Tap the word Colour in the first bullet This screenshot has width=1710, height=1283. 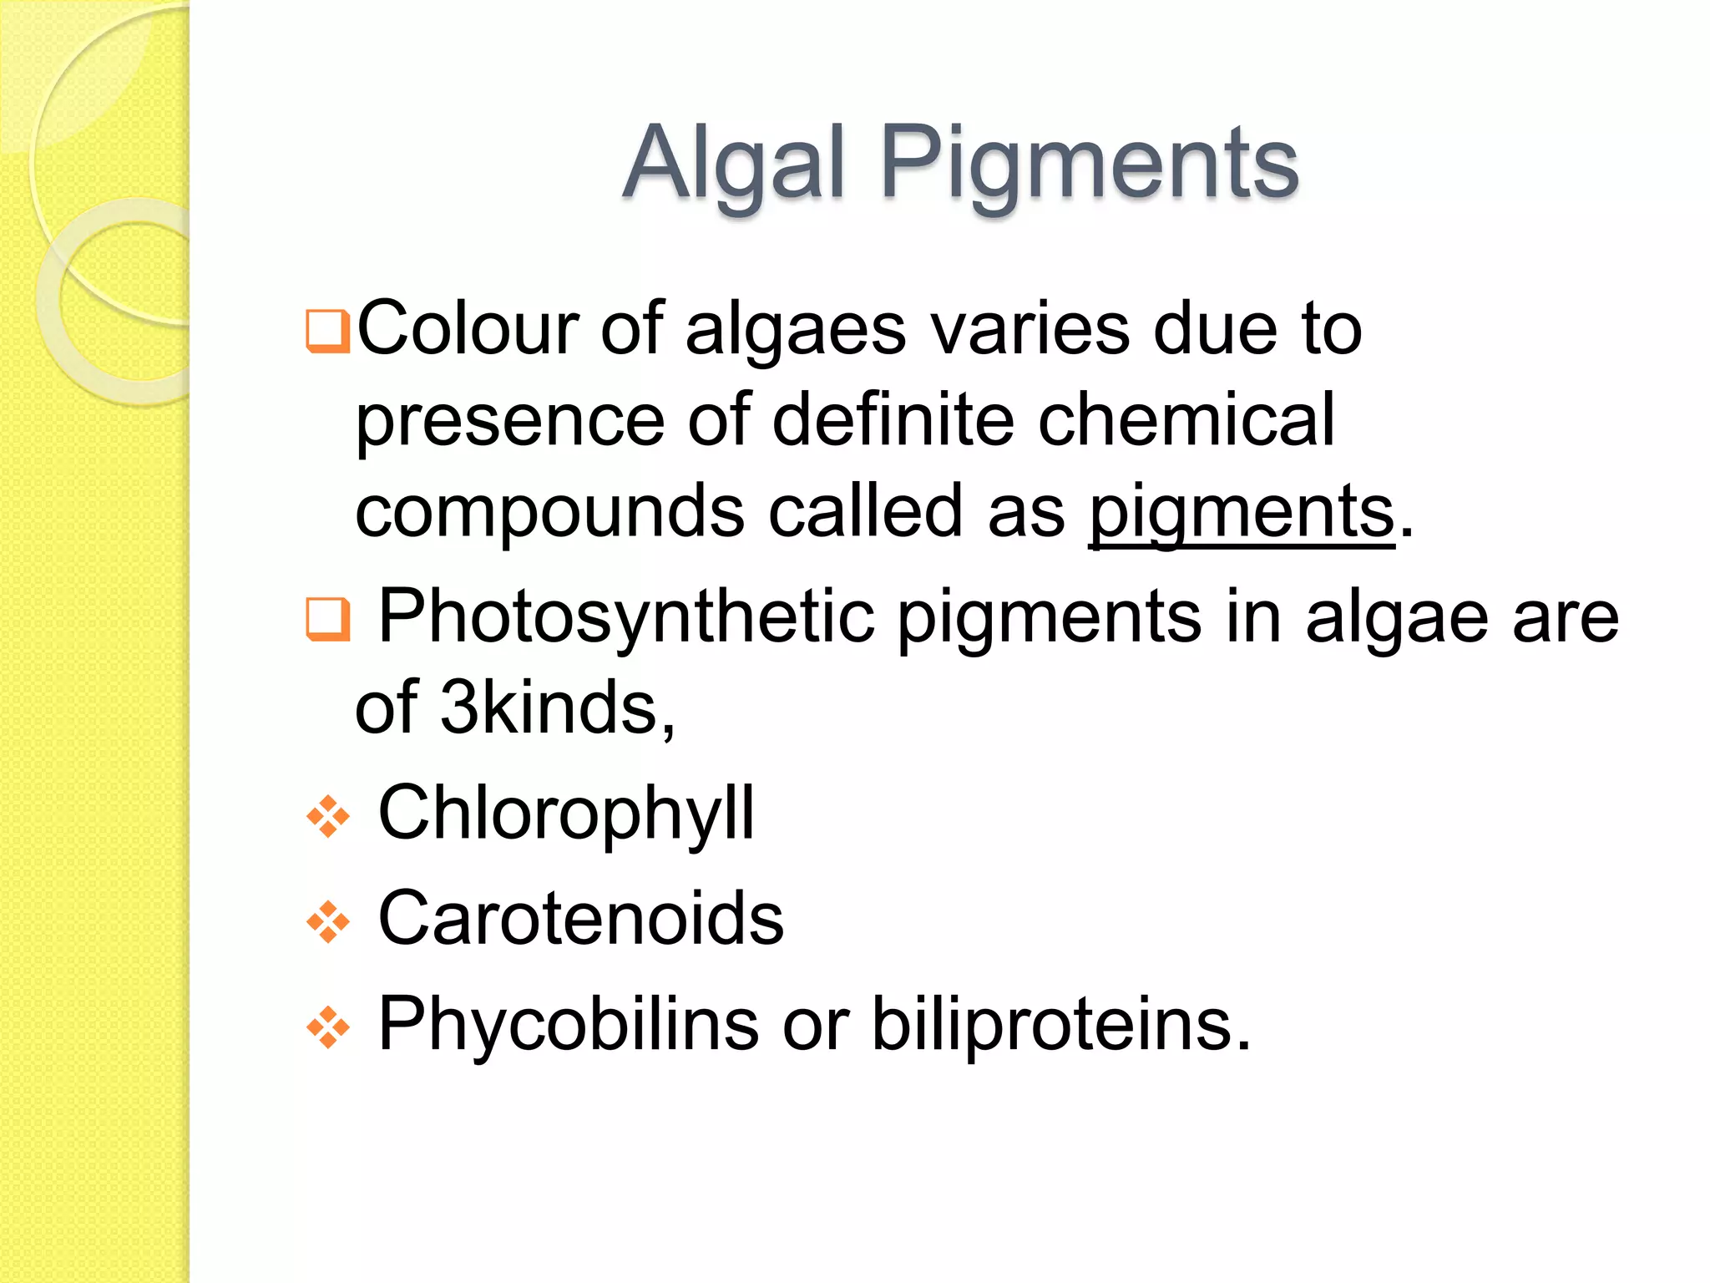[468, 328]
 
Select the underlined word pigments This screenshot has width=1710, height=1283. [1242, 511]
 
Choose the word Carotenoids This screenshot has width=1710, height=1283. [581, 918]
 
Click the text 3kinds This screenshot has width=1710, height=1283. [556, 707]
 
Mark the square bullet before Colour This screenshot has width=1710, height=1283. [327, 331]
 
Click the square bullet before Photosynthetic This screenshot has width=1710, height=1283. [327, 619]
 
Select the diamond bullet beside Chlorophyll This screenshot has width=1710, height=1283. [327, 817]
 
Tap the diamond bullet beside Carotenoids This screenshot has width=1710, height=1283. [327, 922]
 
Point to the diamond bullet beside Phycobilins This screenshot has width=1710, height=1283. [327, 1027]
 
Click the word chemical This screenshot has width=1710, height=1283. [1186, 419]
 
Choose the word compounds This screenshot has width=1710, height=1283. [549, 511]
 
